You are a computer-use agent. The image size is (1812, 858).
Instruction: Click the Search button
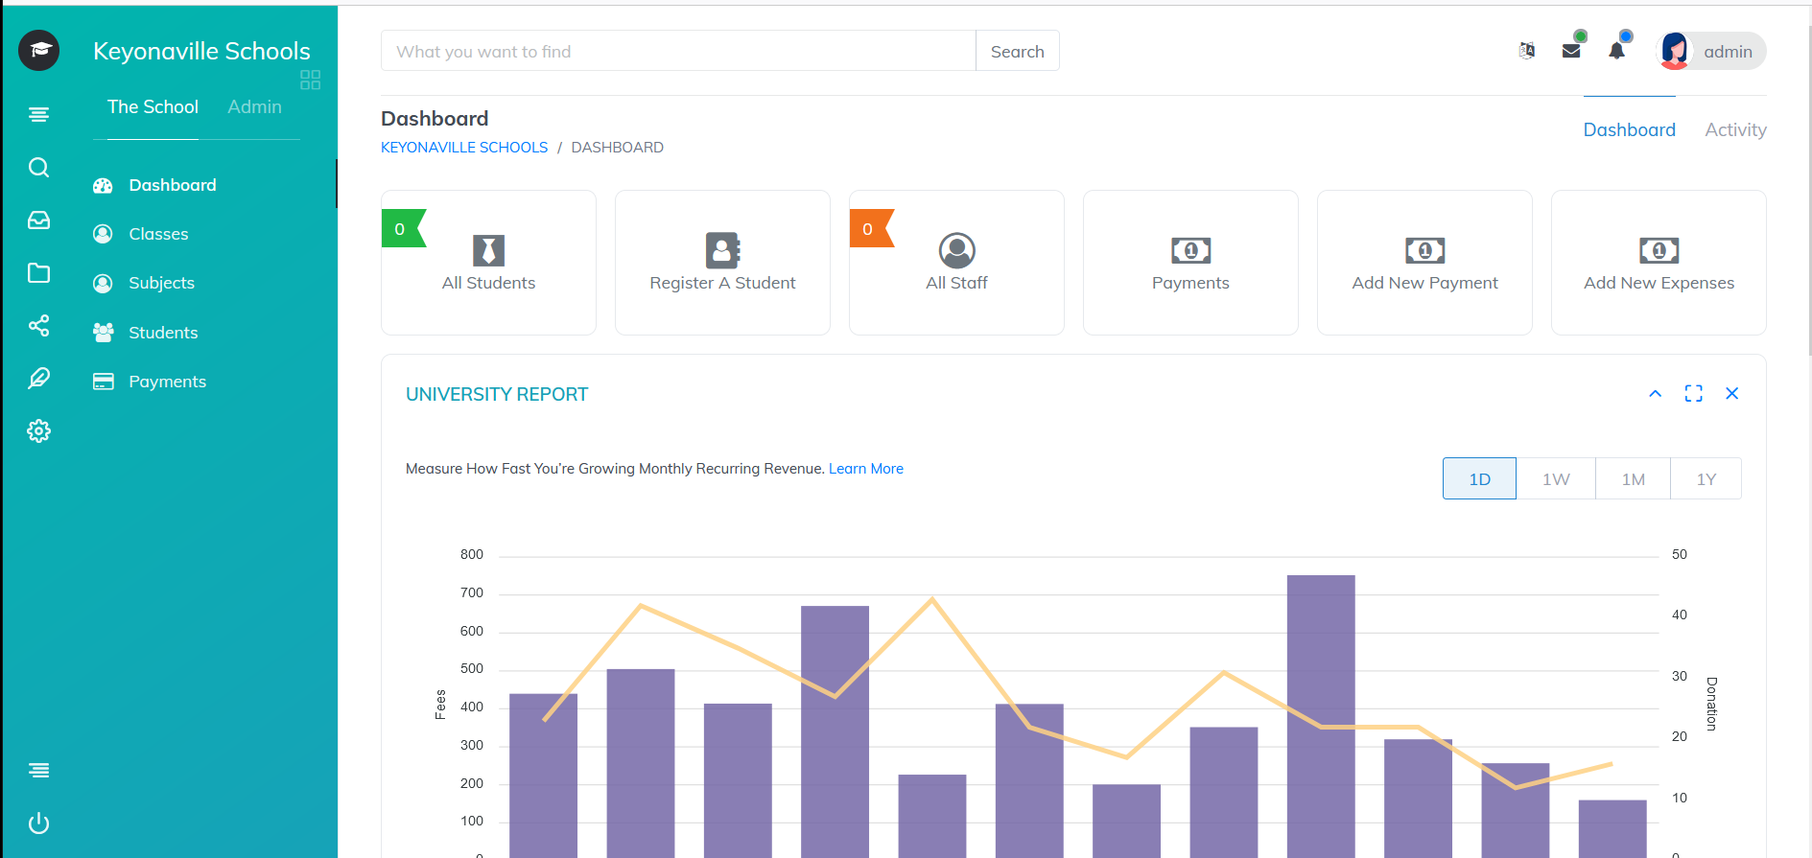1017,52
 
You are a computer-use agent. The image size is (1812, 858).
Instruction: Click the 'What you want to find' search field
677,52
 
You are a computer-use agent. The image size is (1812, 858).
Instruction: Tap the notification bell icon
1616,51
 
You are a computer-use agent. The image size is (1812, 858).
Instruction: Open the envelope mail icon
1571,51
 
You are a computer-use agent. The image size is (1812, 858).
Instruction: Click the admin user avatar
1675,51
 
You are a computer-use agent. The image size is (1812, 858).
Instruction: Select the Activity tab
1735,129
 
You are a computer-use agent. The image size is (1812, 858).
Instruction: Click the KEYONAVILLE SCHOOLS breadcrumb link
464,148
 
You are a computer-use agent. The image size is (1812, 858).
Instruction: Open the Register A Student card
722,263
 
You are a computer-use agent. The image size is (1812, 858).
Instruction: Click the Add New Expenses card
1659,263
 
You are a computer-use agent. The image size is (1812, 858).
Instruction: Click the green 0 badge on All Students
401,229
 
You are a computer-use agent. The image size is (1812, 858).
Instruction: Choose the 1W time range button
1556,479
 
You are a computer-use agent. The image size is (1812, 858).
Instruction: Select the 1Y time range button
1706,479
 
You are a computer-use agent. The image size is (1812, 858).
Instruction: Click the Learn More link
866,469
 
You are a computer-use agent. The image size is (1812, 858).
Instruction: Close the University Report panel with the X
1731,394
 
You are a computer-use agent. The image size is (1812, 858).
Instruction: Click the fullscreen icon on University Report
1693,394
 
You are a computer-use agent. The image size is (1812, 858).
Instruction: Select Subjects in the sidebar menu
161,284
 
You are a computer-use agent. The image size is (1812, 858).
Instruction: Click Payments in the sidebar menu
167,382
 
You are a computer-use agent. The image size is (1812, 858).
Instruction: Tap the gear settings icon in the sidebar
39,431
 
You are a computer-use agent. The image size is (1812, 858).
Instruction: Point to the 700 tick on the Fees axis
472,593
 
